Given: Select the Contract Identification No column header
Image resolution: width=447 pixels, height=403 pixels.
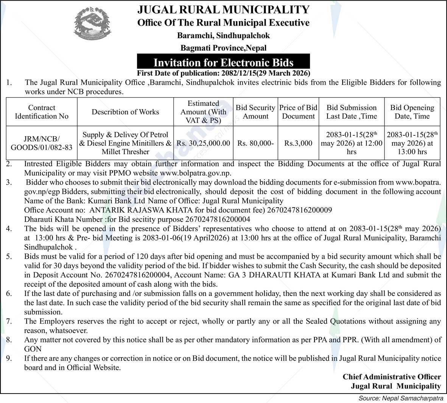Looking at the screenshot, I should pyautogui.click(x=42, y=112).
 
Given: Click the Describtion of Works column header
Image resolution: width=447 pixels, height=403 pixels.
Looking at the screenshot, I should pyautogui.click(x=125, y=112).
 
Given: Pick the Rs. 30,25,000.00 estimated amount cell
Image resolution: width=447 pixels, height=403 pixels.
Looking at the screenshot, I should pyautogui.click(x=203, y=143).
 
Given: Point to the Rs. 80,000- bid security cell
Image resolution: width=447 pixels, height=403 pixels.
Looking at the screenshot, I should pyautogui.click(x=255, y=143).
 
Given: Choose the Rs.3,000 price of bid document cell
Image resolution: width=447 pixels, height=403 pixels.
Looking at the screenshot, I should pyautogui.click(x=298, y=143).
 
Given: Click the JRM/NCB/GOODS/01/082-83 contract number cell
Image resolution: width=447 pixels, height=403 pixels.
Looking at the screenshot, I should pyautogui.click(x=42, y=143).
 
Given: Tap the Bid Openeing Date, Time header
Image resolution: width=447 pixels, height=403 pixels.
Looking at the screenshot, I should pyautogui.click(x=412, y=112).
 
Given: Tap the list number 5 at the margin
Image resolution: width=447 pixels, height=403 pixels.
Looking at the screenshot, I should pyautogui.click(x=9, y=256).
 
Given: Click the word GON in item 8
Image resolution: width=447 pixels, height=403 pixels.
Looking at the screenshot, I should pyautogui.click(x=33, y=349).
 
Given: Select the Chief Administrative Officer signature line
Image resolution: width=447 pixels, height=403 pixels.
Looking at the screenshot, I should pyautogui.click(x=392, y=377).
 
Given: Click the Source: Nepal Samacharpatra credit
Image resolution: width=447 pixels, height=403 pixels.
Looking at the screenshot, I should pyautogui.click(x=401, y=398).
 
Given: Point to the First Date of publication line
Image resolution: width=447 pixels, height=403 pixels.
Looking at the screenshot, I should pyautogui.click(x=223, y=73).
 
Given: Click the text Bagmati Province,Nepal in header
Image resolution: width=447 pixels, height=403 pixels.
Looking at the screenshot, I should pyautogui.click(x=223, y=48).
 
